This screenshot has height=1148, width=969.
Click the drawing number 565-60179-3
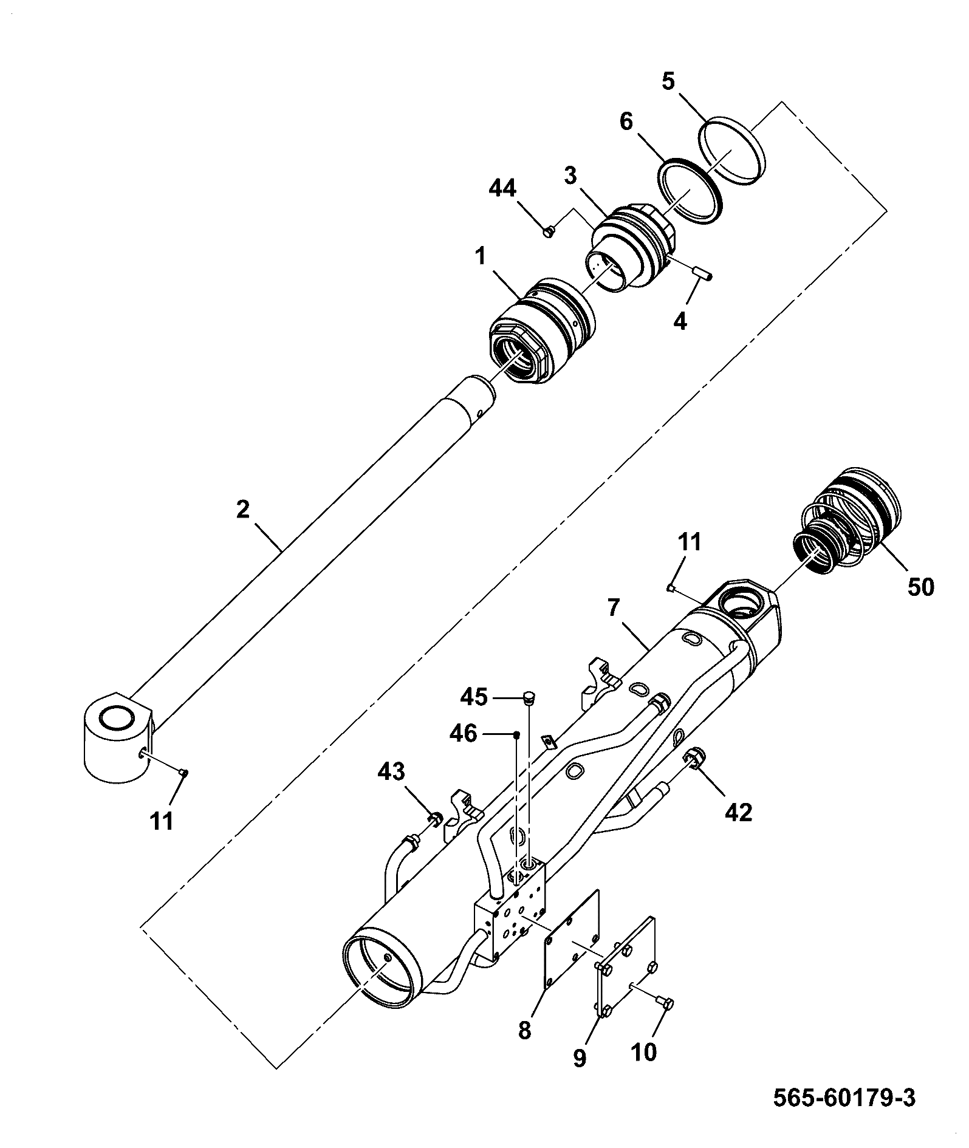coord(844,1098)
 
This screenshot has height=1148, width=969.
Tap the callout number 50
coord(920,587)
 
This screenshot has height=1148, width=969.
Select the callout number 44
coord(502,189)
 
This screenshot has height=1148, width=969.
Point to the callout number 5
coord(668,82)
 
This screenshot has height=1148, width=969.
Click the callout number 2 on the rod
coord(243,509)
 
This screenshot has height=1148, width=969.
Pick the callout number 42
coord(739,811)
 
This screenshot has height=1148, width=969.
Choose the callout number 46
coord(463,734)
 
